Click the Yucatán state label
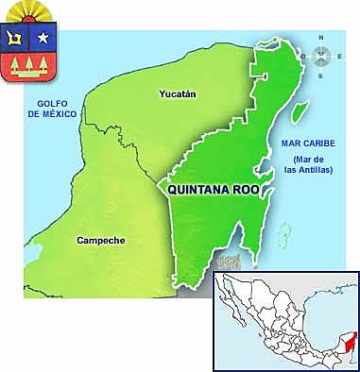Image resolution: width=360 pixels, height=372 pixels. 179,94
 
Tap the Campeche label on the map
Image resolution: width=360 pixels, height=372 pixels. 99,241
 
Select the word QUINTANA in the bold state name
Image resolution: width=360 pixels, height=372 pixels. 200,189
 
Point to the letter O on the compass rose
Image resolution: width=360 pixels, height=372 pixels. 302,57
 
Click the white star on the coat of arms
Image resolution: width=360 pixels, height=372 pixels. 44,38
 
